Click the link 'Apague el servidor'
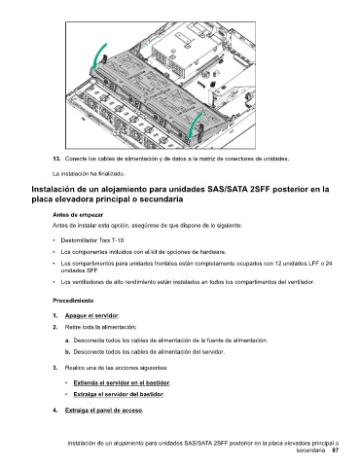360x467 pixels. tap(92, 315)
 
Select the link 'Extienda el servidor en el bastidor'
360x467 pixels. tap(122, 383)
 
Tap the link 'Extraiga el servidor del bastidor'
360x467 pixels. tap(119, 394)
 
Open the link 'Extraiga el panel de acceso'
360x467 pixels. tap(104, 411)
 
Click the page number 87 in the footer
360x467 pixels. tap(336, 450)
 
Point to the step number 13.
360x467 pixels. tap(56, 159)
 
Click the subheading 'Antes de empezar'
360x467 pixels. tap(78, 215)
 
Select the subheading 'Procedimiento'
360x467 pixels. tap(73, 301)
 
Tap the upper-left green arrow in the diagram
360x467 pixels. tap(98, 55)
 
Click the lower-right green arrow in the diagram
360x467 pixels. tap(195, 125)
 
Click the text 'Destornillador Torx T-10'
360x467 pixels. tap(92, 240)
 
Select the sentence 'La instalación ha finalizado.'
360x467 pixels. tap(89, 174)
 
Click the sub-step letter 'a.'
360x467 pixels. tap(67, 341)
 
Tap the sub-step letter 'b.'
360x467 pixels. tap(67, 352)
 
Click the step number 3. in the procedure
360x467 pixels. tap(55, 368)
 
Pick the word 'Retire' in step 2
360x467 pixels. tap(72, 327)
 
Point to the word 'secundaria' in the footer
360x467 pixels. tap(310, 450)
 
